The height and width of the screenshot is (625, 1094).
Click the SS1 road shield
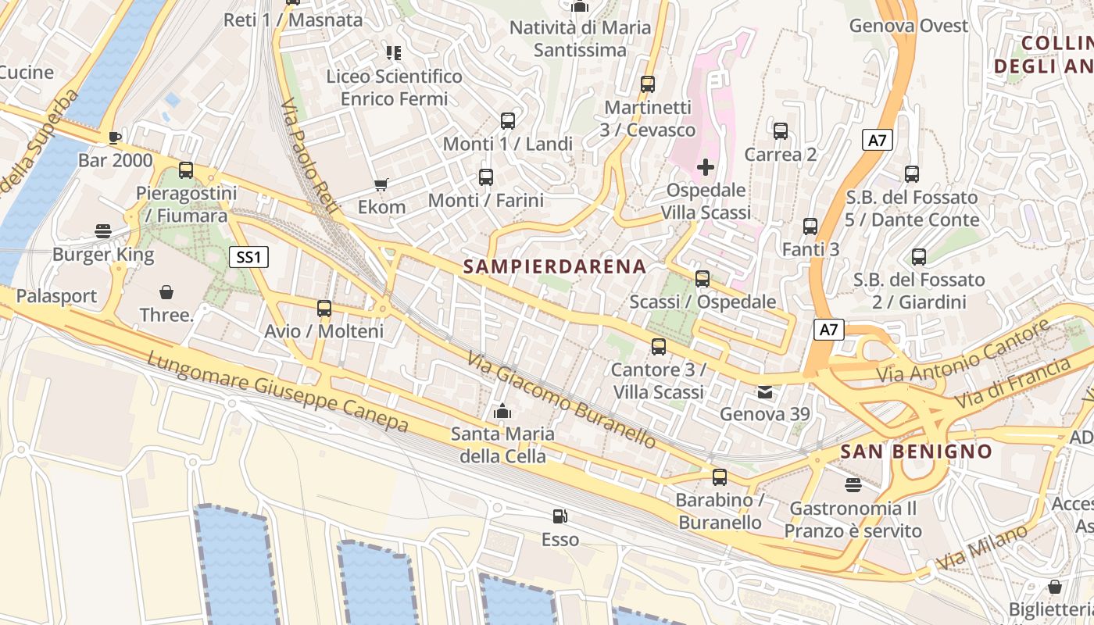point(249,257)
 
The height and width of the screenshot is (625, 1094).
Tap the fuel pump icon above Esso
point(560,516)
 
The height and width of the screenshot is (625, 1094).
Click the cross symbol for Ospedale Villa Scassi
point(706,166)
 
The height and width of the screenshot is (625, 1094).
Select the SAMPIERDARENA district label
point(555,266)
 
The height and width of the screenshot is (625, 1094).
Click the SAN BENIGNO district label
point(916,451)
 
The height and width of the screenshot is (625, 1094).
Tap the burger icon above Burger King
point(103,231)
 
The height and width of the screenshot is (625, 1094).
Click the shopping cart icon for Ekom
point(381,184)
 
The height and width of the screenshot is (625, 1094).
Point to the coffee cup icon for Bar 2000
point(115,138)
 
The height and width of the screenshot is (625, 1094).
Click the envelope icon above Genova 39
point(765,392)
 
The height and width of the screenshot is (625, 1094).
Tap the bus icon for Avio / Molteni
point(324,309)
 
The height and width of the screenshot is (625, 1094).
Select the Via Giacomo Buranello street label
point(563,400)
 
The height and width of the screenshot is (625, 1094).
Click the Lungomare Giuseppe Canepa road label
point(277,391)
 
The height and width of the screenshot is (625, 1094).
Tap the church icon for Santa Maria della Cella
point(502,411)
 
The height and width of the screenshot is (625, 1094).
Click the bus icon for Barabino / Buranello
point(720,477)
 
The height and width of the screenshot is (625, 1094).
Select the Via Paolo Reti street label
point(309,156)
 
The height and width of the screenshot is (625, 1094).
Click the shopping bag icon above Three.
point(166,293)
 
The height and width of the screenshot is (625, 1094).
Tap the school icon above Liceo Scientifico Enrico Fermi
point(394,53)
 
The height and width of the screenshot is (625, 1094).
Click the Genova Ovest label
point(909,26)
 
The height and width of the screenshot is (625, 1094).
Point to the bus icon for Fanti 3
point(810,227)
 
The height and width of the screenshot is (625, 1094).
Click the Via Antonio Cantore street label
point(963,353)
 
